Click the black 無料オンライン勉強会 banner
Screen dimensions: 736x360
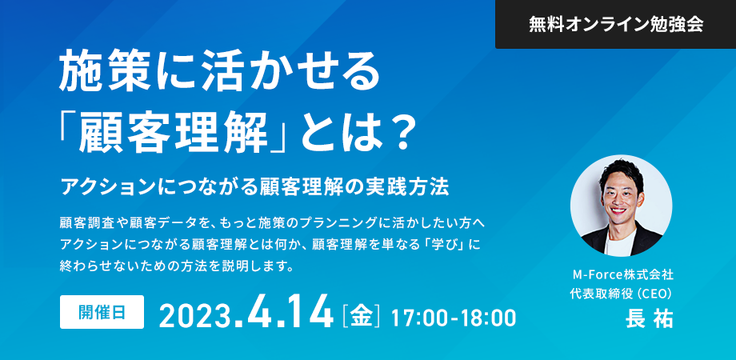(615, 24)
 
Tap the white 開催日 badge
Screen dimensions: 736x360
(102, 312)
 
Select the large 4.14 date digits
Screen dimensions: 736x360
(287, 312)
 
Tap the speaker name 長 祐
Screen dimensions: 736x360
(649, 319)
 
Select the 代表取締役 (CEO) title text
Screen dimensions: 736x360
(622, 294)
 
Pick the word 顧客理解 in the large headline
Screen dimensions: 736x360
(176, 135)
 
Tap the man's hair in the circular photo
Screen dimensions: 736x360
(622, 174)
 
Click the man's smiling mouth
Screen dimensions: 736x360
(619, 212)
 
